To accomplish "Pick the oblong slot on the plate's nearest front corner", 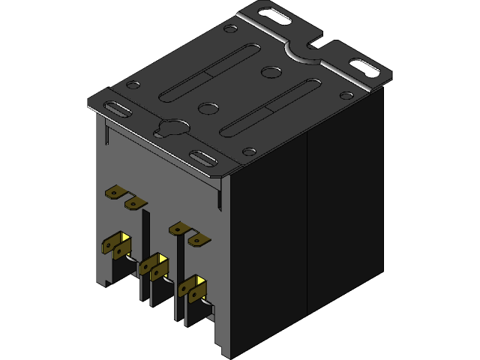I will click(x=203, y=157).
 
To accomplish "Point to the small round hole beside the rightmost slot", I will click(x=346, y=95).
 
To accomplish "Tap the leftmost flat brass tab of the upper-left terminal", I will click(x=114, y=193).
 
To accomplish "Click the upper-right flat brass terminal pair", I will click(x=188, y=233).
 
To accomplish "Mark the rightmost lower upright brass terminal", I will click(x=193, y=289).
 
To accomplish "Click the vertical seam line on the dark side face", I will click(x=307, y=225).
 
